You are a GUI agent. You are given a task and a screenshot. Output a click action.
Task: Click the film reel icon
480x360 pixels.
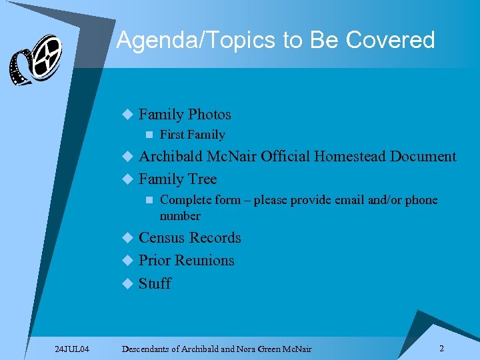coord(35,60)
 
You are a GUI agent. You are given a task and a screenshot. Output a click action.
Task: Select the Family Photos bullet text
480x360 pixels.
coord(185,114)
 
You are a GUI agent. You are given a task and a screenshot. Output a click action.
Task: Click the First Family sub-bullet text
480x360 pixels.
coord(193,135)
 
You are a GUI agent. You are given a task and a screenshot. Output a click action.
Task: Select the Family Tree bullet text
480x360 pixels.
coord(177,179)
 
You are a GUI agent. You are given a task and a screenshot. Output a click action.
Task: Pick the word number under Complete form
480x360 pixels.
coord(180,216)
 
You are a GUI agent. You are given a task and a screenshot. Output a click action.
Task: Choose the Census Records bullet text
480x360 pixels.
coord(189,238)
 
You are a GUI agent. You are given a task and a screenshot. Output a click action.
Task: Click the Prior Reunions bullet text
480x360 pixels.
coord(186,261)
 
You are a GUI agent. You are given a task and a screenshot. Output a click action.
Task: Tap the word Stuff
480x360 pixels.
coord(155,283)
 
